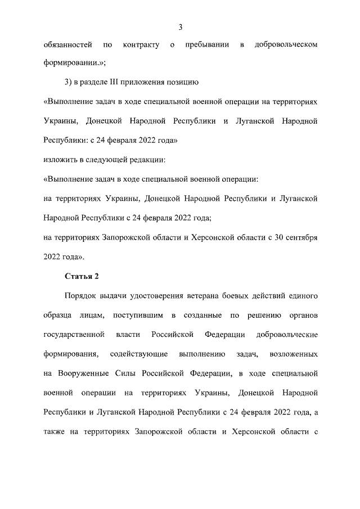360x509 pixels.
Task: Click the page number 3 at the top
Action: click(x=180, y=27)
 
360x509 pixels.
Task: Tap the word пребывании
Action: click(x=207, y=44)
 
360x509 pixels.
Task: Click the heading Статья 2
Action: click(x=82, y=276)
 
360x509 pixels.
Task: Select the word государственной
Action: click(x=74, y=335)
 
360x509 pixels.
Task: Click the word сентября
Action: click(x=301, y=237)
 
